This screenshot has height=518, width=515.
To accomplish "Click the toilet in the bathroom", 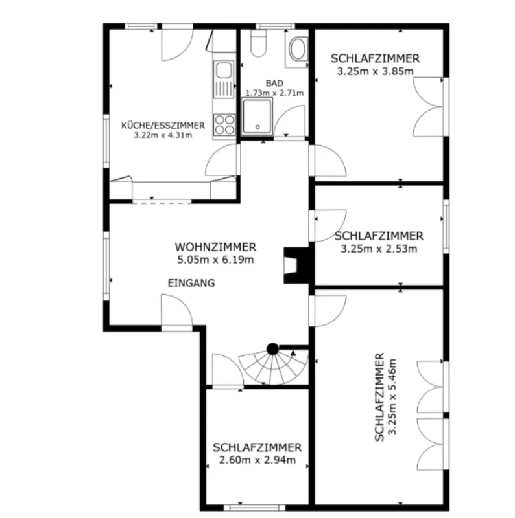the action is pyautogui.click(x=259, y=43).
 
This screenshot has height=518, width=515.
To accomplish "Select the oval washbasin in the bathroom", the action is pyautogui.click(x=298, y=49).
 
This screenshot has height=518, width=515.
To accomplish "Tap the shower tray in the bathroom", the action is pyautogui.click(x=257, y=117).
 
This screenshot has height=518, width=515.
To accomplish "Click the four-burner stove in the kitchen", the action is pyautogui.click(x=224, y=124).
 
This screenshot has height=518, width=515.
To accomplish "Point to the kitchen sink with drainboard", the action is pyautogui.click(x=224, y=79).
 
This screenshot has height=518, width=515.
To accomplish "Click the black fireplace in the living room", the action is pyautogui.click(x=296, y=265).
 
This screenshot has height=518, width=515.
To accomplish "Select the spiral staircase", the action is pyautogui.click(x=274, y=366).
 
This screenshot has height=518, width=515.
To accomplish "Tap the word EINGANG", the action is pyautogui.click(x=191, y=283).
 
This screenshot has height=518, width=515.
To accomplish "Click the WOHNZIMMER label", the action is pyautogui.click(x=215, y=247).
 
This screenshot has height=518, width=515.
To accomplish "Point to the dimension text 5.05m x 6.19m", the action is pyautogui.click(x=215, y=260).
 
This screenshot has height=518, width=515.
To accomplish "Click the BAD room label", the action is pyautogui.click(x=274, y=83).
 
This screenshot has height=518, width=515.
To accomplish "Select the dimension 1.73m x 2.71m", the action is pyautogui.click(x=274, y=93).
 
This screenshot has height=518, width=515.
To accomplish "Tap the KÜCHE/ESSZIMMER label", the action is pyautogui.click(x=163, y=126).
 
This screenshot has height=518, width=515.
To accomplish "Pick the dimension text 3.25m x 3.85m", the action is pyautogui.click(x=376, y=71).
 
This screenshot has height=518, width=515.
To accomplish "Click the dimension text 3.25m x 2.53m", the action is pyautogui.click(x=379, y=249).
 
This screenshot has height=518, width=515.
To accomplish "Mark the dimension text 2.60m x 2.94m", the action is pyautogui.click(x=257, y=460).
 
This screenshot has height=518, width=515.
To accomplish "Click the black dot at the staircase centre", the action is pyautogui.click(x=272, y=348).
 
